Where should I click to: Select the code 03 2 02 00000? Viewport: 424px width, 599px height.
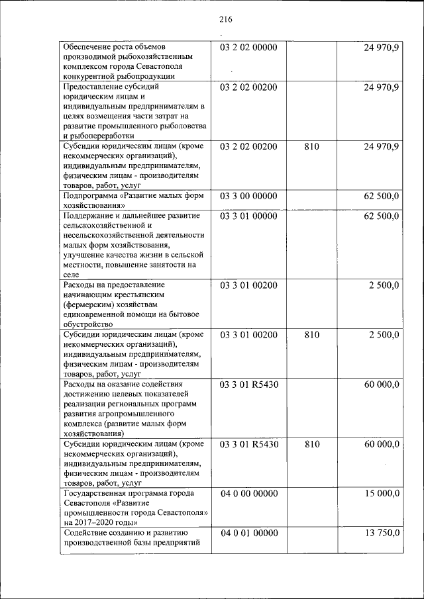point(248,48)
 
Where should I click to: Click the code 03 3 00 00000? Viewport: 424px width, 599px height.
point(248,196)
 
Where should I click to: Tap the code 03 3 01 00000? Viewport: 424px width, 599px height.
point(248,216)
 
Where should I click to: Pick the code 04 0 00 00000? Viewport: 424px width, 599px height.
point(248,493)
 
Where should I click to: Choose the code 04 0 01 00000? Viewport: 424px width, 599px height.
point(248,533)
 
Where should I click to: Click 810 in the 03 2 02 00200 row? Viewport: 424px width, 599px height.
point(311,146)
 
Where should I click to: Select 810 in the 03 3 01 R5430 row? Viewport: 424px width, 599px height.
point(311,444)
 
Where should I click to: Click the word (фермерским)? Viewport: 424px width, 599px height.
point(91,304)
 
